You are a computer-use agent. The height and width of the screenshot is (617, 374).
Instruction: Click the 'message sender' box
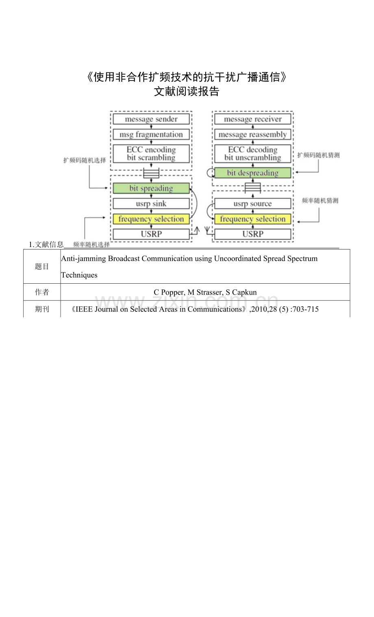point(151,119)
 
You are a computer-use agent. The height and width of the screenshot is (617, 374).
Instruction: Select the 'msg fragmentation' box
point(151,135)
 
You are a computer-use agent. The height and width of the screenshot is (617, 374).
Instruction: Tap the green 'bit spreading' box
point(151,188)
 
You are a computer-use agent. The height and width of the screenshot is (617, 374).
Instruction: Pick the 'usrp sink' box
point(151,203)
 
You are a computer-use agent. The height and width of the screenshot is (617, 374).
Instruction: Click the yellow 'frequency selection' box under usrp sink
point(151,219)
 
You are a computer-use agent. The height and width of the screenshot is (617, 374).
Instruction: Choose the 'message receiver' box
point(252,119)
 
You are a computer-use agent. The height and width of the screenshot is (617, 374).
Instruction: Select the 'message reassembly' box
point(252,135)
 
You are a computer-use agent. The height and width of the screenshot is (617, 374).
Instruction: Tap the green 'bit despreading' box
point(252,173)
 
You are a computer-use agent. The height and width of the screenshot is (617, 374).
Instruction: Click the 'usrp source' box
point(252,203)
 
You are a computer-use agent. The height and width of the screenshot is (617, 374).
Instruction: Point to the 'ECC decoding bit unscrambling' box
point(252,154)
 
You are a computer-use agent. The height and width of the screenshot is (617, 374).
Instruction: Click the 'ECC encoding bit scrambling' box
point(151,154)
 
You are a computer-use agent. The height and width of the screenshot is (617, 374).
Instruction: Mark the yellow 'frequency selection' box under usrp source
point(252,219)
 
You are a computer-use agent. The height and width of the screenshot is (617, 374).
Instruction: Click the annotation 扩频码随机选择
point(85,160)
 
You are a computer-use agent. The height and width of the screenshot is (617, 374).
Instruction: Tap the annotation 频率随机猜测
point(320,201)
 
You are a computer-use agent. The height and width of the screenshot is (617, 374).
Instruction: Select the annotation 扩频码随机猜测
point(318,155)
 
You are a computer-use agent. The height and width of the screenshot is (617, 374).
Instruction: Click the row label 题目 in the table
point(42,267)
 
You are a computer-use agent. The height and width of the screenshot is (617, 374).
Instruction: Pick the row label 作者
point(42,292)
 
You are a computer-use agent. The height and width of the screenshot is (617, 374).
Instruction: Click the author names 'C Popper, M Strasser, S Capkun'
point(205,292)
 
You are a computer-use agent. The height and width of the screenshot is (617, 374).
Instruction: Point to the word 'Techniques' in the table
point(79,275)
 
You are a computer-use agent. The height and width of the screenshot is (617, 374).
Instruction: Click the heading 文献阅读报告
point(187,92)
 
